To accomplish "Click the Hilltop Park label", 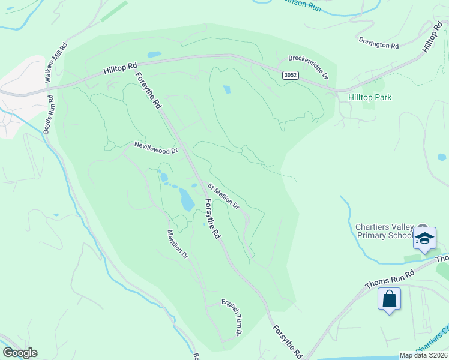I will tap(370, 97).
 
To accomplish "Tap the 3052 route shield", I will tap(290, 74).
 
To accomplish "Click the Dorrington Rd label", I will tap(379, 43).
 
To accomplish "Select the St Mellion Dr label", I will tap(224, 196).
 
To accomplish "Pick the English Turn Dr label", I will tap(232, 317).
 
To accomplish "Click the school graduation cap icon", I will tap(424, 238).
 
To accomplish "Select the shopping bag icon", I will tap(389, 298).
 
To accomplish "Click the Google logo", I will tap(20, 353).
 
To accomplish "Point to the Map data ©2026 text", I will tap(423, 355).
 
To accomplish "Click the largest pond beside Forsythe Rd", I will tap(187, 199).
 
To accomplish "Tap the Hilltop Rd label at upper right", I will tap(432, 37).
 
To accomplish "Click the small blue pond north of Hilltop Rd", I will tap(154, 55).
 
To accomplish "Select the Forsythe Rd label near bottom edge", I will tap(287, 342).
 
